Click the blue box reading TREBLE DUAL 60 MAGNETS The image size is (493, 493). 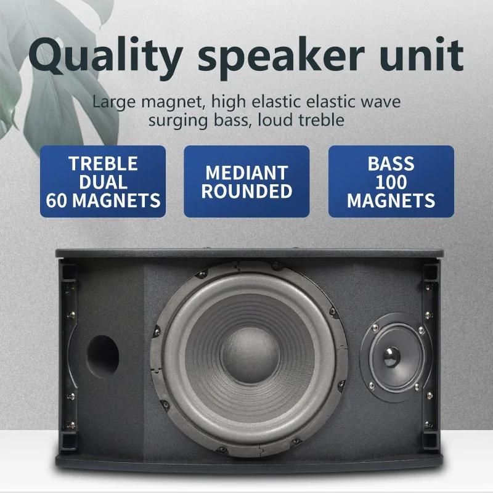103,182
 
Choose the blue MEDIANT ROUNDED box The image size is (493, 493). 246,182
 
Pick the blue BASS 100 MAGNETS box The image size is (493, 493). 391,182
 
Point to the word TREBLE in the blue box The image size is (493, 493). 103,164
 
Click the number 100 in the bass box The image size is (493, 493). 391,182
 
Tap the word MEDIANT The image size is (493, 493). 246,173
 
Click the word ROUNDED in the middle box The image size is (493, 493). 246,191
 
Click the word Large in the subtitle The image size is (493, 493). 109,101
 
